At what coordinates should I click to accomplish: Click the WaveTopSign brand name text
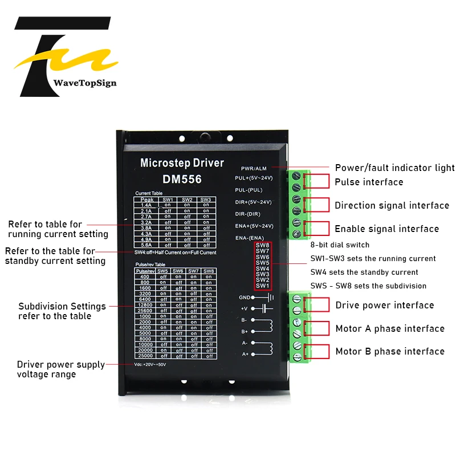pyautogui.click(x=84, y=83)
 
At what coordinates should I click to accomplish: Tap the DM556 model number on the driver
pyautogui.click(x=182, y=179)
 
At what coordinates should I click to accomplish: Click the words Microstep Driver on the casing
pyautogui.click(x=182, y=163)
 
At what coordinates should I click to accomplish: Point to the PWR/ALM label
pyautogui.click(x=254, y=169)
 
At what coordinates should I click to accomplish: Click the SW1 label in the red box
pyautogui.click(x=263, y=286)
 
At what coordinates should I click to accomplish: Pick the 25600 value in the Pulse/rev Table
pyautogui.click(x=145, y=311)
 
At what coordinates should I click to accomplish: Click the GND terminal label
pyautogui.click(x=245, y=297)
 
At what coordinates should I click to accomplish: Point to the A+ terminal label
pyautogui.click(x=245, y=354)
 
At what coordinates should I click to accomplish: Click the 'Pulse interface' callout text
pyautogui.click(x=369, y=182)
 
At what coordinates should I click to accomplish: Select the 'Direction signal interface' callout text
pyautogui.click(x=392, y=206)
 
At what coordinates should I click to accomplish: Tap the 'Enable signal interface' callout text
pyautogui.click(x=386, y=229)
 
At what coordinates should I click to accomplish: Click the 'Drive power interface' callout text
pyautogui.click(x=384, y=306)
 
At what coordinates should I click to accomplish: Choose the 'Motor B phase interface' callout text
pyautogui.click(x=389, y=352)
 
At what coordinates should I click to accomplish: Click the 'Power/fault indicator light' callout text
pyautogui.click(x=394, y=168)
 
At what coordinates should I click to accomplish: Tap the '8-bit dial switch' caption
pyautogui.click(x=340, y=245)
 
